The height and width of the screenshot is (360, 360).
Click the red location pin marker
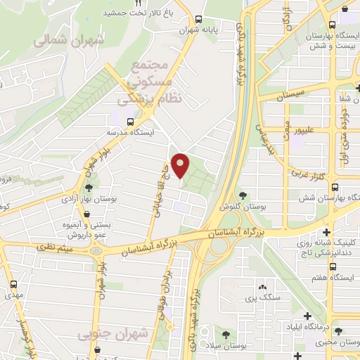click(x=181, y=165)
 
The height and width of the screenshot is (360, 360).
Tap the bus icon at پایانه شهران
click(x=199, y=20)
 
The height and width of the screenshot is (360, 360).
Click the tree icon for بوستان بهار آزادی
click(x=89, y=188)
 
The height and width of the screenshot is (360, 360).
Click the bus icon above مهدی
click(x=14, y=285)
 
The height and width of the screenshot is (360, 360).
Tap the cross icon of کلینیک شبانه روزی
click(x=326, y=232)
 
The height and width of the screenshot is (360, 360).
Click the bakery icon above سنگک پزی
click(x=262, y=287)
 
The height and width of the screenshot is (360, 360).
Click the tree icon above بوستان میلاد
click(x=226, y=334)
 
